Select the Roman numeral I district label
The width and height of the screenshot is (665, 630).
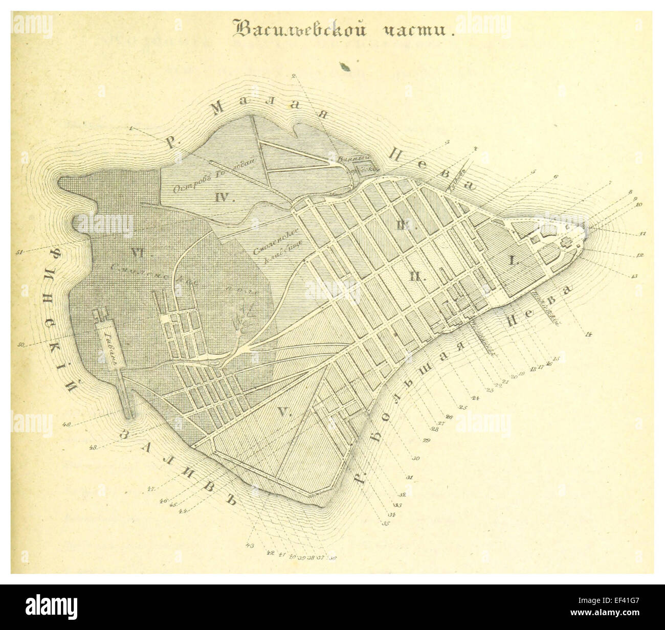click(514, 260)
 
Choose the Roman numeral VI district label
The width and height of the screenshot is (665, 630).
click(136, 252)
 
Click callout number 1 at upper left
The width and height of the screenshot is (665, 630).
click(131, 128)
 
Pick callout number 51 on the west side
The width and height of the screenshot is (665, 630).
click(20, 251)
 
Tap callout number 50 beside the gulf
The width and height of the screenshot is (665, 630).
click(21, 345)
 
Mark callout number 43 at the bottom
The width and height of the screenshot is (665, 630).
click(250, 545)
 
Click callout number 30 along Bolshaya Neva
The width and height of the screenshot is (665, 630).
click(415, 459)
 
